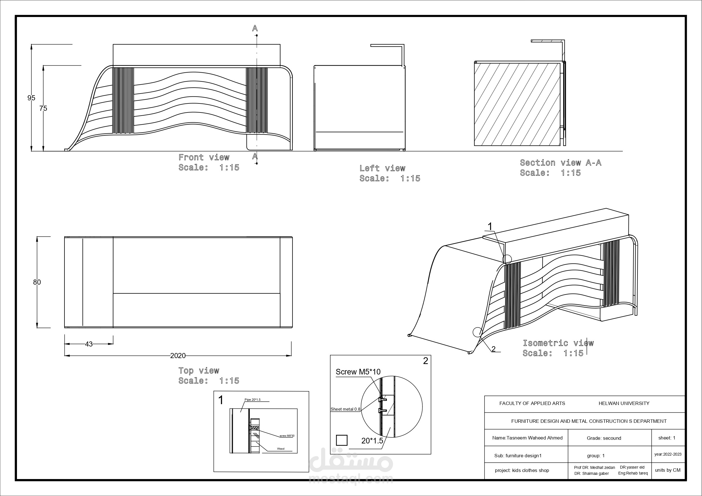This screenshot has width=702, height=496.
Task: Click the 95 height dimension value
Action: pos(31,98)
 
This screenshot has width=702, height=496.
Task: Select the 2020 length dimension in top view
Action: pos(178,356)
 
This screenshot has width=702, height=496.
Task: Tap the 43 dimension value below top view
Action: pos(89,344)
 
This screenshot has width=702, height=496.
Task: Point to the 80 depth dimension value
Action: pos(37,282)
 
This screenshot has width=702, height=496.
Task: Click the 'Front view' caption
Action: pos(204,157)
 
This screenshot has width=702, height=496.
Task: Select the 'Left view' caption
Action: pos(382,168)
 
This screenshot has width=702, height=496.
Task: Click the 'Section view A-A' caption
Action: pos(561,163)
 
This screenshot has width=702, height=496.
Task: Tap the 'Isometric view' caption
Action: pos(558,343)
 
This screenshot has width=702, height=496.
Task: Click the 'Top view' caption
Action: pos(199,371)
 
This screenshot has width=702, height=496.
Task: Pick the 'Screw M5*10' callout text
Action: pos(358,372)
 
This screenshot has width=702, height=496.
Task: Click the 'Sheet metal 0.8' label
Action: pos(346,409)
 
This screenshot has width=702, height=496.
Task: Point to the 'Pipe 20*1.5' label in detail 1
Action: pos(253,400)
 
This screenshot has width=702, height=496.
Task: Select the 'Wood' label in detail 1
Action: pos(281,449)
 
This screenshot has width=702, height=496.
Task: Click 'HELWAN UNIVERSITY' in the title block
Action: pos(624,403)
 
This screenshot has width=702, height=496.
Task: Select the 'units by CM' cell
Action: pos(668,470)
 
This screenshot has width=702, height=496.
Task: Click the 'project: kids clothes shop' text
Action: pos(522,470)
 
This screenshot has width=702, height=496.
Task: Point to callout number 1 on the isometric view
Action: pos(490,226)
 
